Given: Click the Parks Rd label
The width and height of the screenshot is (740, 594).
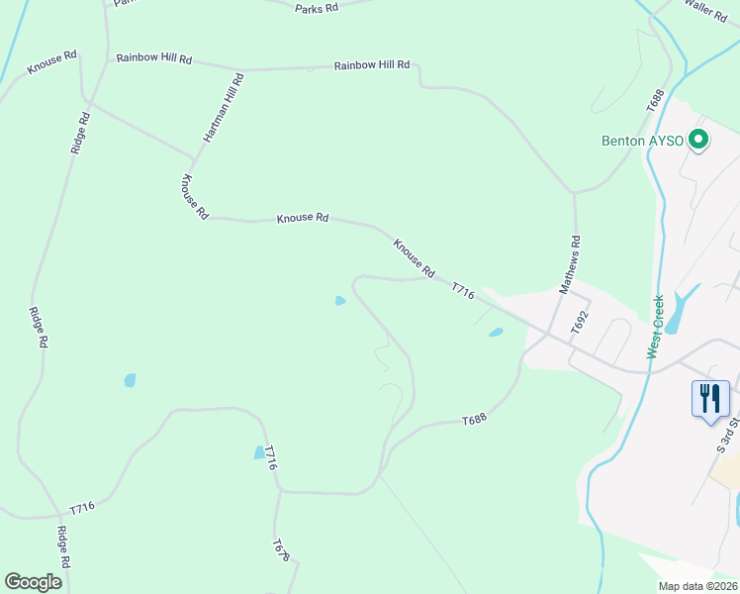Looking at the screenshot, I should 317,8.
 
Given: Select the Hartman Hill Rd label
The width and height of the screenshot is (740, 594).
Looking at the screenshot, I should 224,107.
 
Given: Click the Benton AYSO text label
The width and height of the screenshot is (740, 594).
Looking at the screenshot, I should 643,141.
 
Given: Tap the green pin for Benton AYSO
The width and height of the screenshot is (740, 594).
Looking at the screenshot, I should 698,141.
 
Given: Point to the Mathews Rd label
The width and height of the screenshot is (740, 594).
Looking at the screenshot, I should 569,264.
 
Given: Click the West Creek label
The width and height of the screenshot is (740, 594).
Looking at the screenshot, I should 655,327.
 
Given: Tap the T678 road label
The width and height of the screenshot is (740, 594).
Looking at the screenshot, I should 281,550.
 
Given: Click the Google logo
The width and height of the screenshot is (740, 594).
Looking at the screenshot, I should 34,582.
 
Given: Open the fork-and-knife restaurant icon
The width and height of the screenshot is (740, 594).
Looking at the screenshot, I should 710,399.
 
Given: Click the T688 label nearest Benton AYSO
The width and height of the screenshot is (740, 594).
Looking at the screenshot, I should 654,101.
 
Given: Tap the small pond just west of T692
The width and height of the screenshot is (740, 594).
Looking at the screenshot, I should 496,333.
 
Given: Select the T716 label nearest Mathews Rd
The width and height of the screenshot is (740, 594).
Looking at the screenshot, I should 463,291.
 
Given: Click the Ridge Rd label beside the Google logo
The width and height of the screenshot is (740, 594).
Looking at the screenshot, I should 63,546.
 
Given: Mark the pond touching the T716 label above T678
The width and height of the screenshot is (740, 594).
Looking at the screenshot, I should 259,452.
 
